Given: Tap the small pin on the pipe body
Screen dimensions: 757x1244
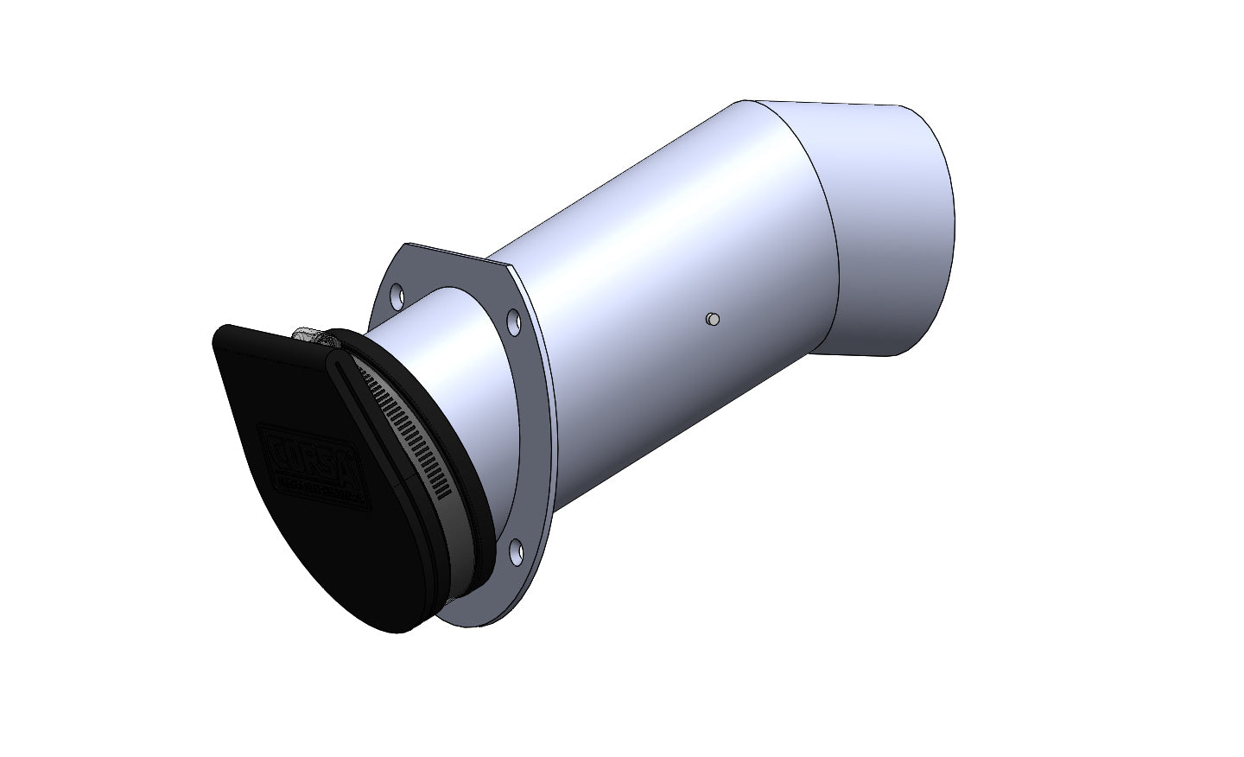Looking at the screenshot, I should click(711, 320).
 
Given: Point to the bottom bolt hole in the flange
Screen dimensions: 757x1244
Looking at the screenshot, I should click(517, 550).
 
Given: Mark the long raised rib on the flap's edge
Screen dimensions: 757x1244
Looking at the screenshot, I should click(380, 449).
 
